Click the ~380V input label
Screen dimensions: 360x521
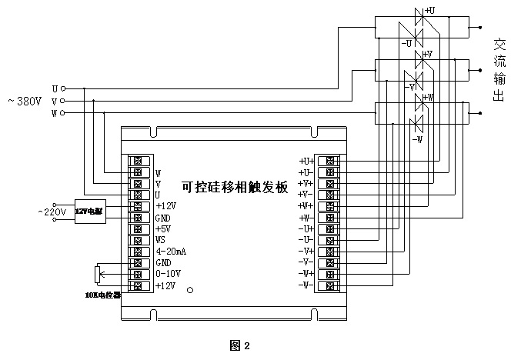[x=24, y=102]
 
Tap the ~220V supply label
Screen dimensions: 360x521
[x=52, y=212]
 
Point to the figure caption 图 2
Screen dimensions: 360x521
[x=240, y=345]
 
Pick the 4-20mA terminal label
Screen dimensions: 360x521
[x=171, y=252]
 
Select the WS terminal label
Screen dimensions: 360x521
[x=161, y=240]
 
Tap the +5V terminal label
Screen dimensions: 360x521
[x=162, y=228]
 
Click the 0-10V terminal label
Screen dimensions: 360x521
[x=167, y=274]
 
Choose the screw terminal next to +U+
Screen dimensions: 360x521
[x=330, y=161]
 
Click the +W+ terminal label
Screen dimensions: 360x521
[x=306, y=206]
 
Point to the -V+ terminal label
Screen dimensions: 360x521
[x=306, y=252]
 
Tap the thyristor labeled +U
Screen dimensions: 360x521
[x=420, y=15]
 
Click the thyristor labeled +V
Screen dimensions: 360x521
[x=420, y=58]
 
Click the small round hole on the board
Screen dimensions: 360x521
[x=192, y=292]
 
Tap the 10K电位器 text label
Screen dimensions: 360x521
[x=102, y=295]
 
